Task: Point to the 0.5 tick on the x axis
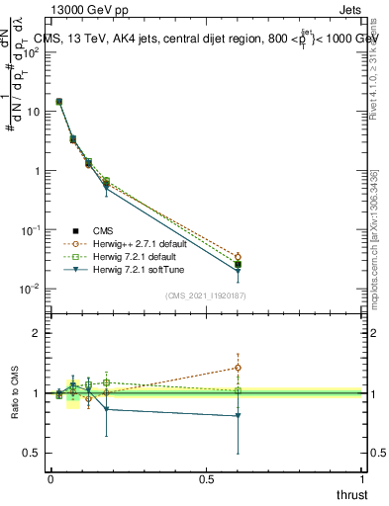[206, 478]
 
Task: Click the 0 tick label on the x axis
[50, 478]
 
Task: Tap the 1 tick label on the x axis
[362, 478]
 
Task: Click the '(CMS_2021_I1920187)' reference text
[206, 295]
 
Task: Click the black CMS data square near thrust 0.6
[238, 265]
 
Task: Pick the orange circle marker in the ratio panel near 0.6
[238, 368]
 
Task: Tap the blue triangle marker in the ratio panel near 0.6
[238, 416]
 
